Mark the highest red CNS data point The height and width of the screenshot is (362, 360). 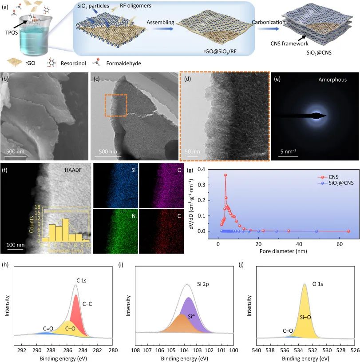tap(225, 175)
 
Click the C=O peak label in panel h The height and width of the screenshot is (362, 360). tap(48, 329)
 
